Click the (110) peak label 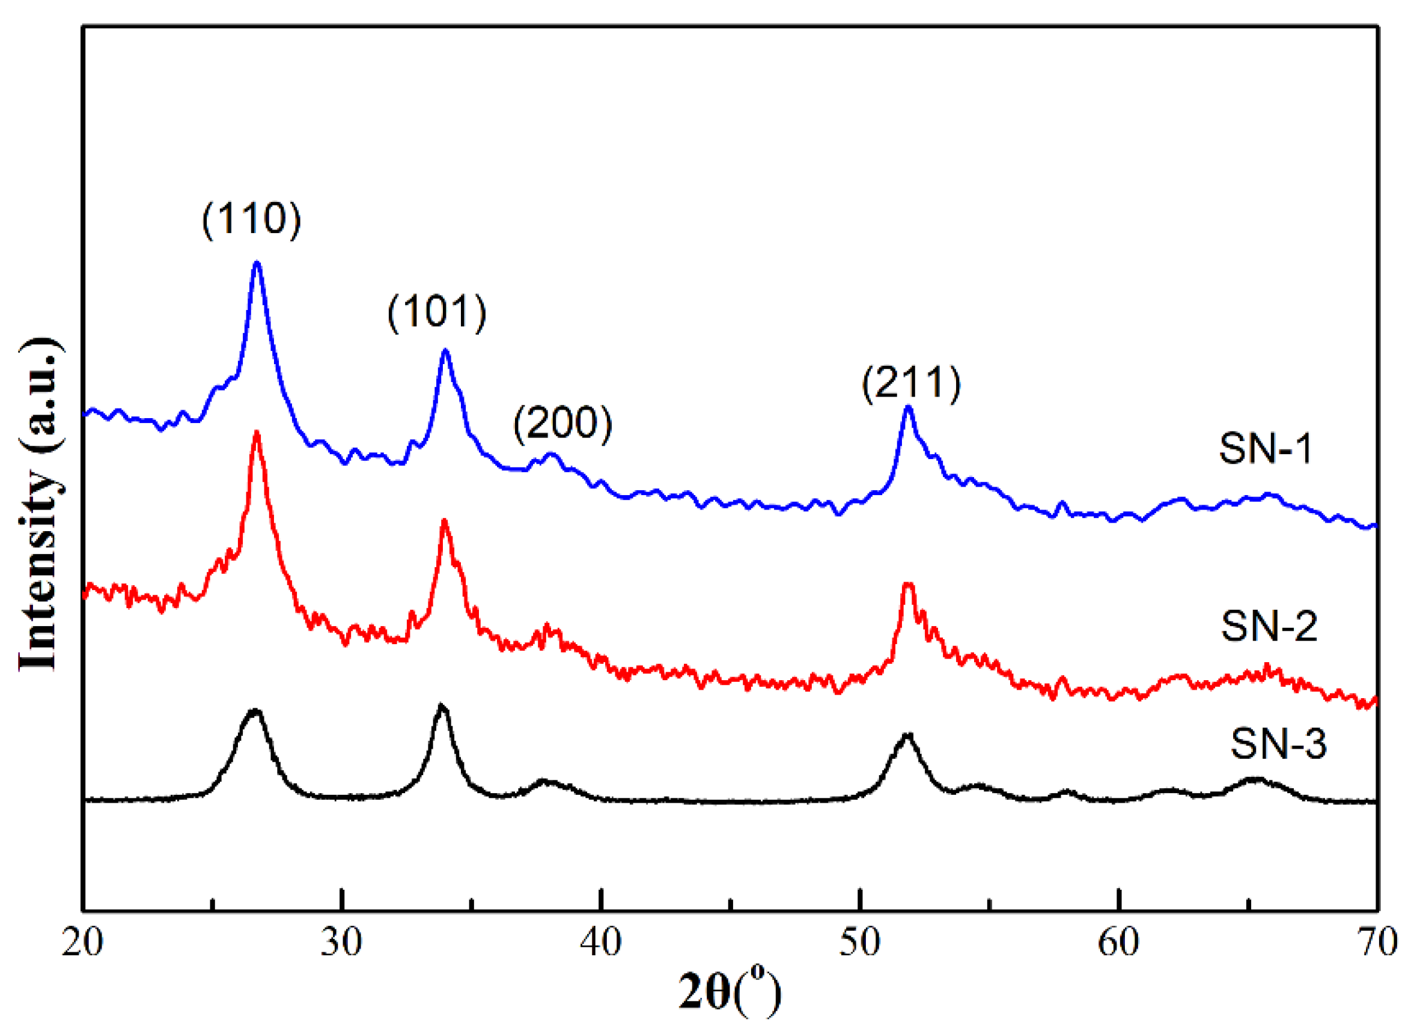(251, 219)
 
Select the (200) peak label (562, 423)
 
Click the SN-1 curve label (1265, 449)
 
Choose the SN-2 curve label (1269, 626)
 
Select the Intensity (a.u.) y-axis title (41, 505)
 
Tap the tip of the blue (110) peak (256, 263)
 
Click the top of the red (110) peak (255, 433)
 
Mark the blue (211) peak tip (908, 407)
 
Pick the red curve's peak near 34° (445, 521)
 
